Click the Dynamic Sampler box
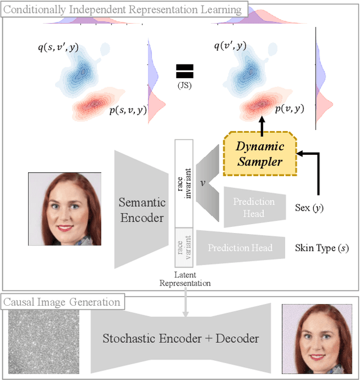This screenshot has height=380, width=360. pos(260,153)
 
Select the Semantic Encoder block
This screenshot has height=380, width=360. pos(141,209)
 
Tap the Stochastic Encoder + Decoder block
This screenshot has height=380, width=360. pos(181,338)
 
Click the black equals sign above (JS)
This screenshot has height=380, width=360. pos(184,71)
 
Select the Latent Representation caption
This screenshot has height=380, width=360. pos(185,279)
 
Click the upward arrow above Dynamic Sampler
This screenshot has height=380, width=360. pos(262,123)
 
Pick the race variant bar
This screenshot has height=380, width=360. pos(184,247)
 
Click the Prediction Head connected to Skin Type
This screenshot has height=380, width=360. pos(240,248)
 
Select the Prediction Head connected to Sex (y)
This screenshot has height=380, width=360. pos(254,207)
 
